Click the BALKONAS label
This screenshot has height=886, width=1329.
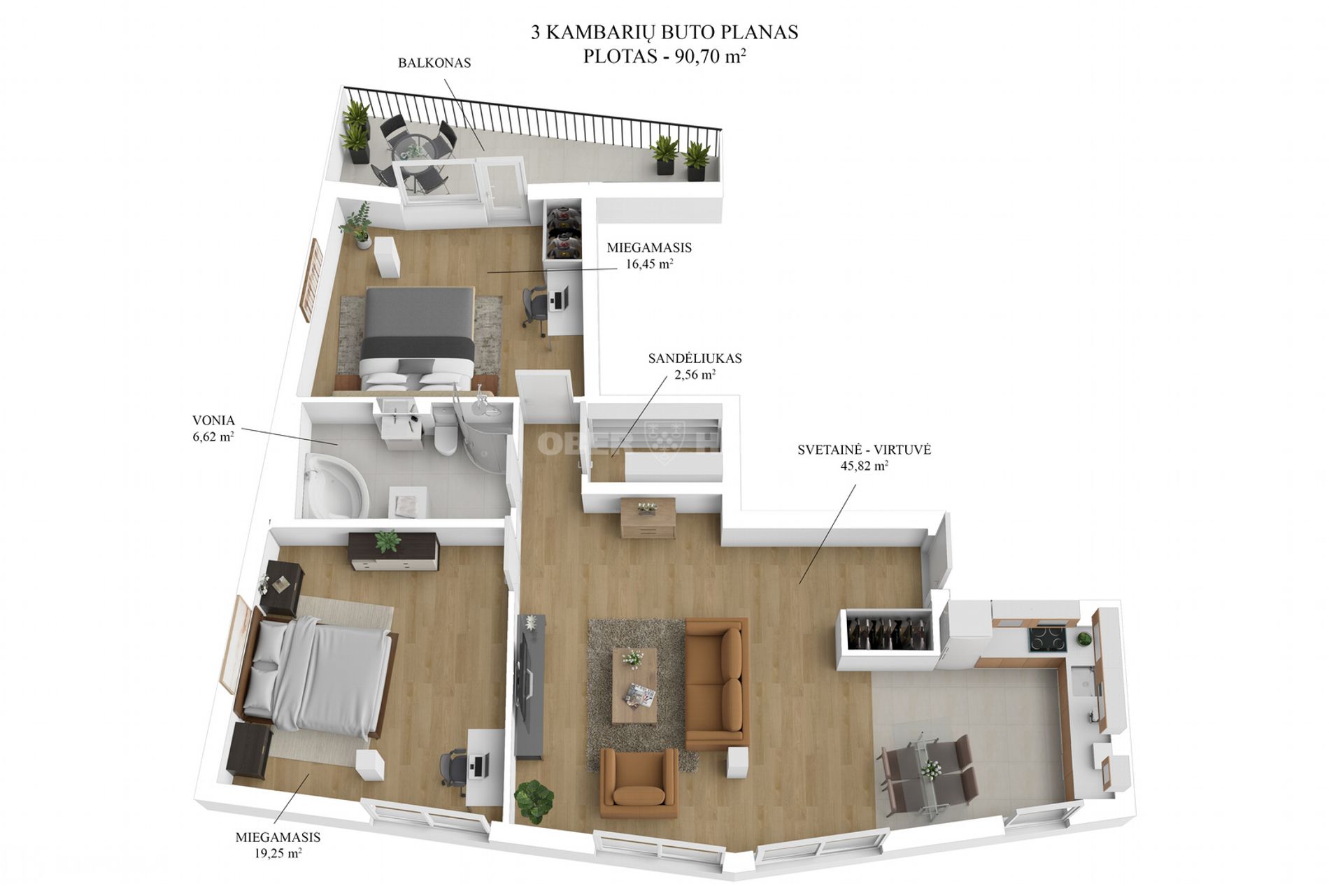tap(434, 63)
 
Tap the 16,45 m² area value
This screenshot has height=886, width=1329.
tap(649, 264)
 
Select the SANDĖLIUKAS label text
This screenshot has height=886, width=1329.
tap(695, 358)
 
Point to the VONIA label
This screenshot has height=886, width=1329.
tap(213, 421)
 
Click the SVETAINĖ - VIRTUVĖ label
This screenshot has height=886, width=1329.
tap(864, 450)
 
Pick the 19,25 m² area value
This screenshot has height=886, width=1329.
tap(278, 853)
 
